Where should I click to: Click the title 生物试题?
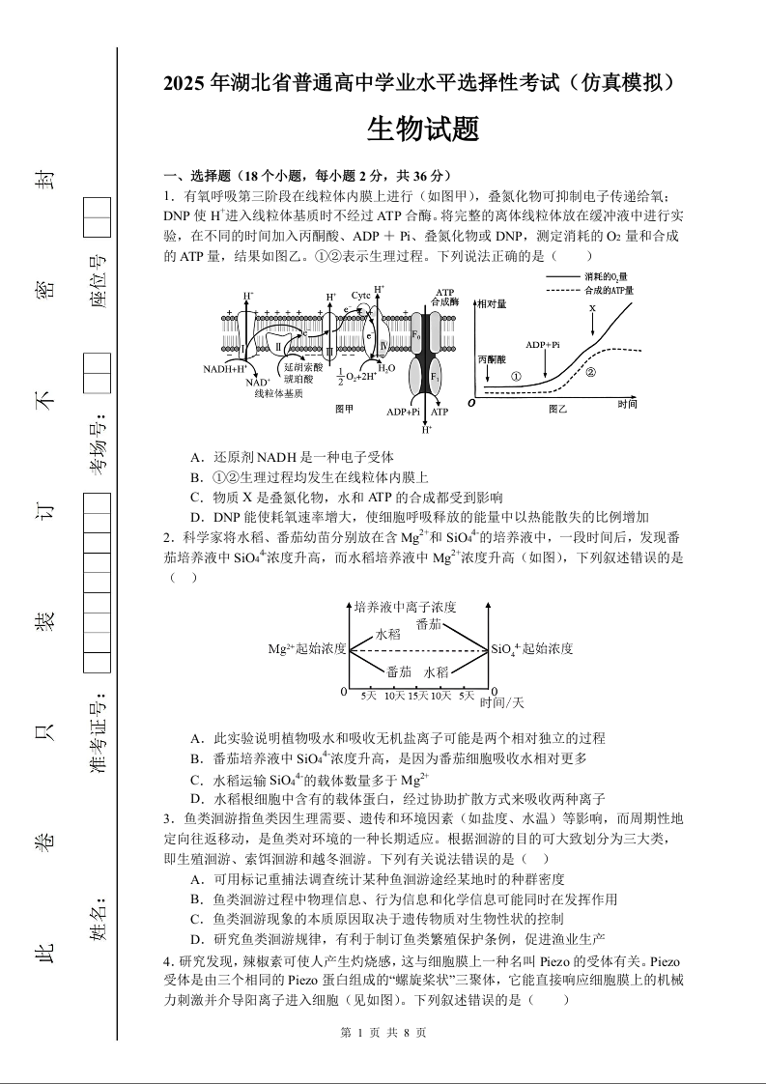point(423,129)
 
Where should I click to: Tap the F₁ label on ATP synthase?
point(434,374)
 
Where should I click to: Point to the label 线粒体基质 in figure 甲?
point(279,393)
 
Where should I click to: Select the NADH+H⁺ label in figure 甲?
point(225,369)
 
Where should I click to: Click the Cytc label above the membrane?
point(361,295)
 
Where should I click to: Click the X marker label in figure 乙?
point(592,308)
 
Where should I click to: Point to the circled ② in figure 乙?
point(590,371)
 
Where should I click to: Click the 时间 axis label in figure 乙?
point(627,404)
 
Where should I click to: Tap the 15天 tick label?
point(417,696)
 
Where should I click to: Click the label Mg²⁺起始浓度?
point(307,649)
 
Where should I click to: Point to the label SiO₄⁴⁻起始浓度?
point(532,649)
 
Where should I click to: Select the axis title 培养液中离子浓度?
point(405,607)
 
